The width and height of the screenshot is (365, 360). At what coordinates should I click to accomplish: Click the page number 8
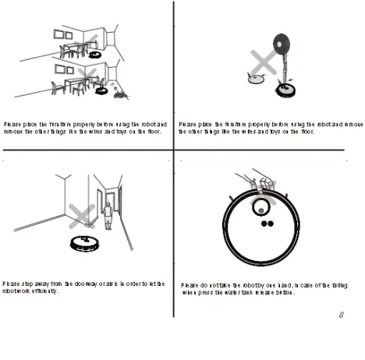342,314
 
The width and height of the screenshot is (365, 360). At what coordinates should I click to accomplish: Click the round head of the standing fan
282,44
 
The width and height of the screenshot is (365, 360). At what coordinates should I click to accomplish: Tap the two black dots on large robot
265,224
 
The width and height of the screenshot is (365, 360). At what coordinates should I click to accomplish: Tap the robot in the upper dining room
94,55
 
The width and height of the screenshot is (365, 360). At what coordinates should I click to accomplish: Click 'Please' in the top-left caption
12,124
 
